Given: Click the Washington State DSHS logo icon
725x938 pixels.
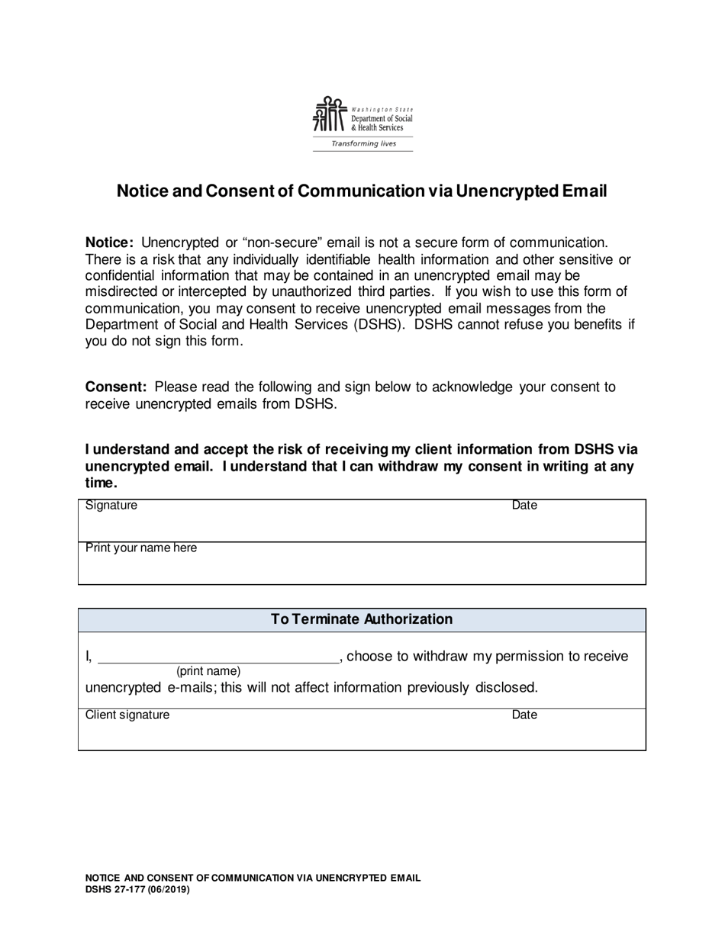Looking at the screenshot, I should (x=330, y=115).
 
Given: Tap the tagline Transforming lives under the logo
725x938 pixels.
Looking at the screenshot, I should (x=363, y=143).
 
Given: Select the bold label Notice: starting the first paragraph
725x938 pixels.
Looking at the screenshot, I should (x=110, y=243).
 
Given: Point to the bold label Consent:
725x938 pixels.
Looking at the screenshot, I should (x=115, y=387).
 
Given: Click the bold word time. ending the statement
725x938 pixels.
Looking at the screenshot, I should (x=101, y=483).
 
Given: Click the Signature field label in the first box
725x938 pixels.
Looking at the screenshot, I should (x=111, y=506).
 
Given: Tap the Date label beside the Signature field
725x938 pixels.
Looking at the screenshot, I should (x=524, y=506).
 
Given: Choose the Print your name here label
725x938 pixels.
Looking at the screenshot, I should (x=141, y=548).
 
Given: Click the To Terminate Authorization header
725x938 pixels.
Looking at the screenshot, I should (x=362, y=619).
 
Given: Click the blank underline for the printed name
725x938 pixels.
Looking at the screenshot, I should (x=218, y=658).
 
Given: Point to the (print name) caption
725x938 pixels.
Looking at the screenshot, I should (x=208, y=671).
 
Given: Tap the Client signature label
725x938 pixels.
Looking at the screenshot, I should (x=127, y=715).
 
